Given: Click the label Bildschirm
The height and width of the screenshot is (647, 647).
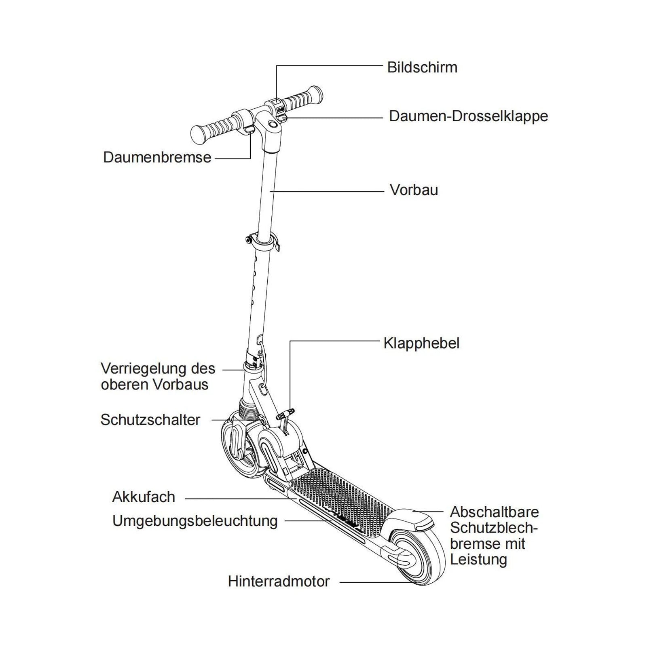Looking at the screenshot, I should [x=422, y=68].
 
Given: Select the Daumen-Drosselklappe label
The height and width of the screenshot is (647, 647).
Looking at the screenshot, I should [x=468, y=116].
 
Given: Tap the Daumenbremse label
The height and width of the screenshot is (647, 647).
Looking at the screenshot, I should [x=157, y=157].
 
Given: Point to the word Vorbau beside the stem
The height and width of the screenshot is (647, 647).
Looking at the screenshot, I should [x=414, y=190].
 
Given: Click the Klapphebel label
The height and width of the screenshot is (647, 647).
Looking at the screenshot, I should [x=421, y=343].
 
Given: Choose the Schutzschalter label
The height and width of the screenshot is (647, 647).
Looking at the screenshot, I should [x=150, y=420].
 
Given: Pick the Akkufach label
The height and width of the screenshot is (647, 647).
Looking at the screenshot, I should [x=144, y=497].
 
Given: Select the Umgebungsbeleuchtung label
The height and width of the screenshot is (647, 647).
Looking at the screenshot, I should [x=195, y=521].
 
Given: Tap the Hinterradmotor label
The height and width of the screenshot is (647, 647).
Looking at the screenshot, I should [x=279, y=581].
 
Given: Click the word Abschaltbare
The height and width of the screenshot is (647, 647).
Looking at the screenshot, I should [x=494, y=512].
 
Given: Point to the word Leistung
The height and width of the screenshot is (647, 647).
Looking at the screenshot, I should [x=478, y=560].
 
